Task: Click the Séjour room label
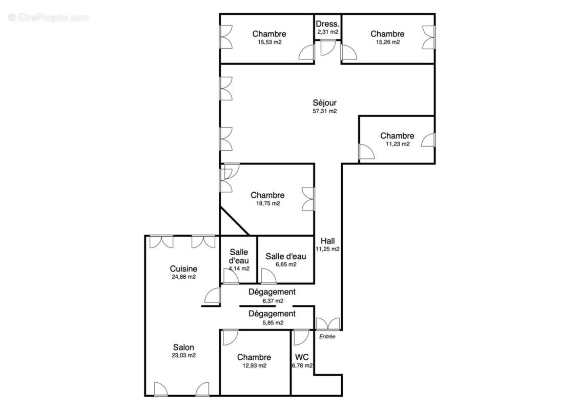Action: (x=325, y=102)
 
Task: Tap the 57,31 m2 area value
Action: (x=325, y=111)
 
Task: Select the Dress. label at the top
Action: (x=327, y=24)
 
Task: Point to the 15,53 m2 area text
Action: (x=270, y=42)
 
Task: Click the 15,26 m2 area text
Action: (x=387, y=42)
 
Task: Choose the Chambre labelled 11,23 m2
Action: (x=397, y=136)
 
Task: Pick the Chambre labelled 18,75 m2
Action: (x=267, y=195)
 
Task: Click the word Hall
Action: (x=328, y=241)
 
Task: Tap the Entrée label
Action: (x=327, y=337)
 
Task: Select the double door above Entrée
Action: (x=327, y=323)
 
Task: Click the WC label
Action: (x=302, y=357)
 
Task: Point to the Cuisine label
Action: (x=183, y=269)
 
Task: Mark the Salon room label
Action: (x=183, y=347)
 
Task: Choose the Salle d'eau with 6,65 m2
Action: (x=285, y=256)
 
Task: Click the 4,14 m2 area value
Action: (x=239, y=268)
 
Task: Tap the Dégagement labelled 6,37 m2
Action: (x=272, y=292)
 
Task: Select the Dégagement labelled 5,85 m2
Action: (x=272, y=314)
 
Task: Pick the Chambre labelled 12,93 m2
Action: (x=254, y=357)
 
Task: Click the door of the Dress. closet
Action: (x=327, y=48)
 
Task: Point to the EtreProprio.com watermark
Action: (x=49, y=17)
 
